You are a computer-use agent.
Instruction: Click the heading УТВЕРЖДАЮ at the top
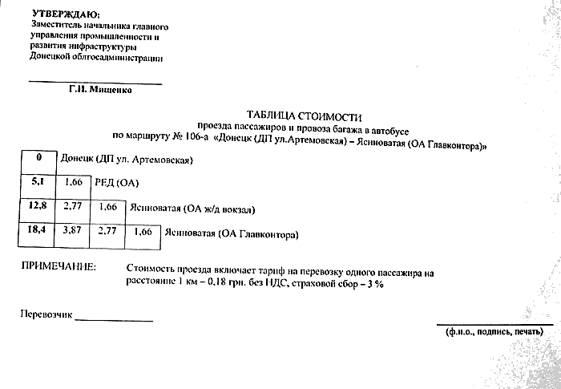67,15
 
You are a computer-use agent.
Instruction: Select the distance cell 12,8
38,208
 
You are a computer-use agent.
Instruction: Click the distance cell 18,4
38,231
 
